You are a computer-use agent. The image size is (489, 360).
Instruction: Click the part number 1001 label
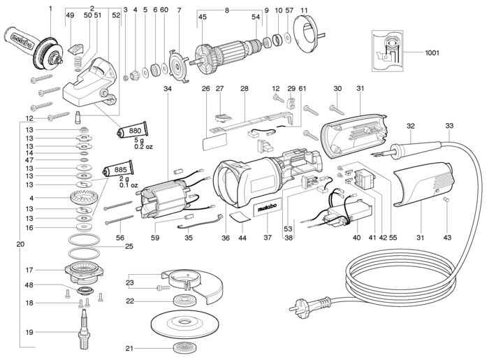(x=432, y=52)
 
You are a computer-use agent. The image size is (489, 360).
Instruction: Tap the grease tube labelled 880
(x=133, y=130)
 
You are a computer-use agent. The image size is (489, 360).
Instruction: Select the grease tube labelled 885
(x=119, y=169)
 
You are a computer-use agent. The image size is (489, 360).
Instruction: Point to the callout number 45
(x=203, y=17)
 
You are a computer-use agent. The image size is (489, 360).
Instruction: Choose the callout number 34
(x=168, y=89)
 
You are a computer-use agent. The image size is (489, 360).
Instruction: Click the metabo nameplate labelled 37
(x=267, y=208)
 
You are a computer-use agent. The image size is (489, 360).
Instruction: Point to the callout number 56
(x=120, y=238)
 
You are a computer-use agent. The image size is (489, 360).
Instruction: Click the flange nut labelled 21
(x=185, y=348)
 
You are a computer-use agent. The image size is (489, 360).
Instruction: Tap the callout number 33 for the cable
(x=449, y=126)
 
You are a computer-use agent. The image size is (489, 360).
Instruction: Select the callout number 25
(x=129, y=247)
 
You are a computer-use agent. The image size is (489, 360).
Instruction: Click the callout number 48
(x=29, y=285)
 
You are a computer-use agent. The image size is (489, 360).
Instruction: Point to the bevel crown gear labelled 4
(x=82, y=197)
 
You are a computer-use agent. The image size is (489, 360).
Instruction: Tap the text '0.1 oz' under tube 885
(x=129, y=185)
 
